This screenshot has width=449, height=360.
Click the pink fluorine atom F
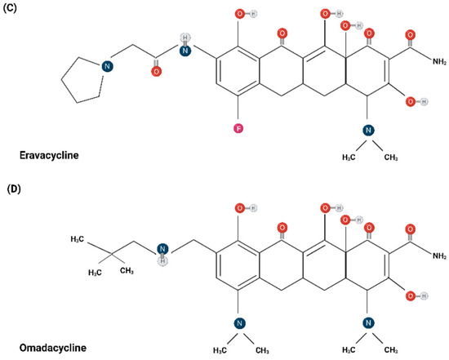[x=238, y=129]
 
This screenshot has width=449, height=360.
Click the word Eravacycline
[x=49, y=155]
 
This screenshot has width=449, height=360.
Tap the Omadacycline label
[x=53, y=348]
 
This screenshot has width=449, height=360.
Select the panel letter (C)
[x=10, y=7]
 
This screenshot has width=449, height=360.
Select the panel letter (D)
[x=14, y=189]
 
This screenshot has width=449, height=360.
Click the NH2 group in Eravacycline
[x=439, y=61]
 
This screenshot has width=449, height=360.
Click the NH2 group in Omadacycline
[x=439, y=256]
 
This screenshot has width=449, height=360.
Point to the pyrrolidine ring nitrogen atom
[x=107, y=66]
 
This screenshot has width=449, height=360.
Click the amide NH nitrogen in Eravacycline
[x=185, y=51]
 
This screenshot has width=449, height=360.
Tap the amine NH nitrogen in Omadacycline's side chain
[x=162, y=249]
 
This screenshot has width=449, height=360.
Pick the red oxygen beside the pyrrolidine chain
[x=156, y=71]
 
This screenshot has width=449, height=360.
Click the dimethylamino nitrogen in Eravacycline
[x=368, y=130]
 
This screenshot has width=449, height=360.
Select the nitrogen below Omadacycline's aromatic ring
[x=240, y=323]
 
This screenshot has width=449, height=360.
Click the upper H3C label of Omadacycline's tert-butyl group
[x=77, y=239]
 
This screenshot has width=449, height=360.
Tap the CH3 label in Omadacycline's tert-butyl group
[x=127, y=270]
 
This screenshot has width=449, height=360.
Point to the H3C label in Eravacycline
[x=349, y=158]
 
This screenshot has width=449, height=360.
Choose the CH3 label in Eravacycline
[x=391, y=158]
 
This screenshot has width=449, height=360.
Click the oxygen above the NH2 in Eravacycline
[x=411, y=35]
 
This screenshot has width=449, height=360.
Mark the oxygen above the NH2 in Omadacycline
[x=411, y=229]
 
